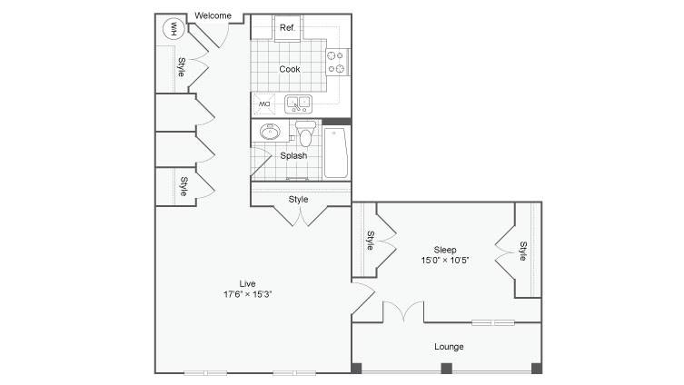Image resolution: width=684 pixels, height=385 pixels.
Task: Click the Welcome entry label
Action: pos(213,15)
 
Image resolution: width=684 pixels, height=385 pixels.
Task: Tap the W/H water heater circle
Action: pos(173,29)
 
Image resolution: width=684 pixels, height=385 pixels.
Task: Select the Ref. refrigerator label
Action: pos(287,27)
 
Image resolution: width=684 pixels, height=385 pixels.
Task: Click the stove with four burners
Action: pos(337,62)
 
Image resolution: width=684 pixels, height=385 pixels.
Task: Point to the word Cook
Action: pos(290,69)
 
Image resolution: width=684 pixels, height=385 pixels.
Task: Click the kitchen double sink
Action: pos(298,104)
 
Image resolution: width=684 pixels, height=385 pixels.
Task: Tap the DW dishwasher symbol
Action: pos(264,104)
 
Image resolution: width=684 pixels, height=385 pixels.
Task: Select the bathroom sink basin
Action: pos(270,132)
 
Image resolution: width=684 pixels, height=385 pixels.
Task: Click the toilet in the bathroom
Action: pos(305,133)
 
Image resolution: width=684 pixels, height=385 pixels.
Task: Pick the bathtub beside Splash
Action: pos(336,153)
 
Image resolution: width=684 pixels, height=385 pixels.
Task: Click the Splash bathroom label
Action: pos(293,155)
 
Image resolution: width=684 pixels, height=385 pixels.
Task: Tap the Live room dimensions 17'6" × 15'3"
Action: pos(248,294)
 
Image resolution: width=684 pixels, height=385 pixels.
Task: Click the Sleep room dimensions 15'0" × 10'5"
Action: pos(445,261)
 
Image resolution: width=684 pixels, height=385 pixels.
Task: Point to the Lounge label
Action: pos(449,347)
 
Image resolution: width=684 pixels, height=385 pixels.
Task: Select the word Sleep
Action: pos(445,250)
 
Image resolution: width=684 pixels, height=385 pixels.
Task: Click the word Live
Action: pos(247,283)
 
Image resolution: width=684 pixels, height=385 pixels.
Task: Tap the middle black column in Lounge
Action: pos(446,369)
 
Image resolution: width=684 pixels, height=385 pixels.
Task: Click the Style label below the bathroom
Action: pos(298,199)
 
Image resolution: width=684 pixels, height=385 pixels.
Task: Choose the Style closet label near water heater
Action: pos(181,67)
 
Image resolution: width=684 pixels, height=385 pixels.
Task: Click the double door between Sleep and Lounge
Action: pos(403,311)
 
